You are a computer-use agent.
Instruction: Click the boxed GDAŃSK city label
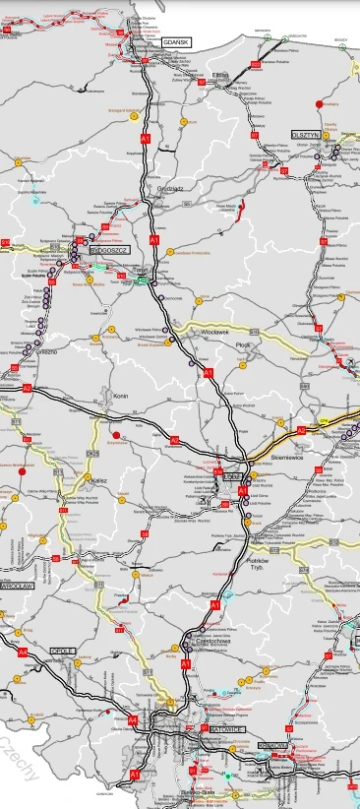177,43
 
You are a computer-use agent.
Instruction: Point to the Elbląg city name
220,75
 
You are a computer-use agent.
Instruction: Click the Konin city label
122,396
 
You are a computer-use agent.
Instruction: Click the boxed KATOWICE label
226,728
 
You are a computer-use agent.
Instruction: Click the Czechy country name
20,758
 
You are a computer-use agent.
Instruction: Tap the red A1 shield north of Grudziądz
146,140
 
